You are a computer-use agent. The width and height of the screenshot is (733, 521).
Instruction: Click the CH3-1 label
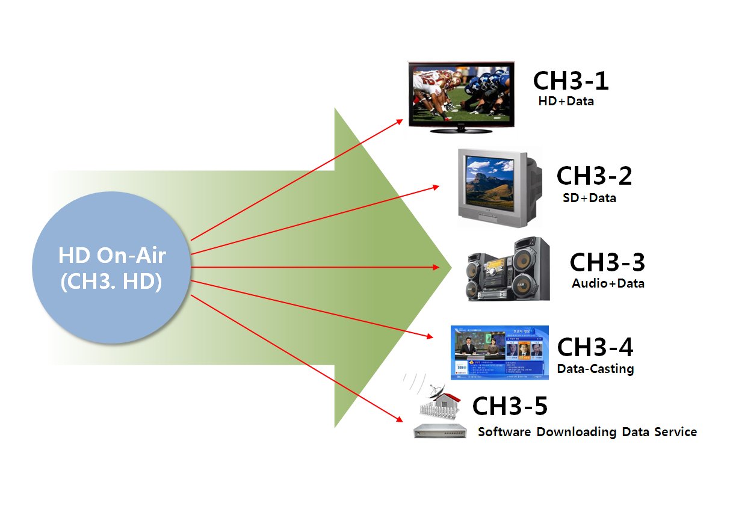(x=571, y=81)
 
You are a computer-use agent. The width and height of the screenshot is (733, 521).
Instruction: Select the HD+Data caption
(x=566, y=101)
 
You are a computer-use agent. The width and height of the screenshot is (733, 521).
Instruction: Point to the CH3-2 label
(x=594, y=176)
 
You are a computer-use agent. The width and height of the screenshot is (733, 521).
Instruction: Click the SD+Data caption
(x=589, y=197)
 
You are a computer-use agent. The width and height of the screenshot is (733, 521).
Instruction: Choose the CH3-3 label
(x=607, y=262)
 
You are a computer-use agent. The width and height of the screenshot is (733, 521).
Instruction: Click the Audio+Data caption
(x=608, y=283)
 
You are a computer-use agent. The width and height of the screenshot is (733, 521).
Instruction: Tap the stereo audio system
(x=509, y=270)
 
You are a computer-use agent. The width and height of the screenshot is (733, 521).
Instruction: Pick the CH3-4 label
(x=595, y=347)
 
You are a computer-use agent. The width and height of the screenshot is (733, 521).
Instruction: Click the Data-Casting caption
(x=595, y=368)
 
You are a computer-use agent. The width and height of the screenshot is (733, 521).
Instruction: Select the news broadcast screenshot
(x=499, y=353)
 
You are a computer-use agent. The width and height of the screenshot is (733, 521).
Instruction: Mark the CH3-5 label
(x=510, y=407)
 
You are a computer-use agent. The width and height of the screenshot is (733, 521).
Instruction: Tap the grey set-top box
(x=441, y=431)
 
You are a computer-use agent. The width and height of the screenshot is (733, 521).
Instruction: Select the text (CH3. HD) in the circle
(x=111, y=282)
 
